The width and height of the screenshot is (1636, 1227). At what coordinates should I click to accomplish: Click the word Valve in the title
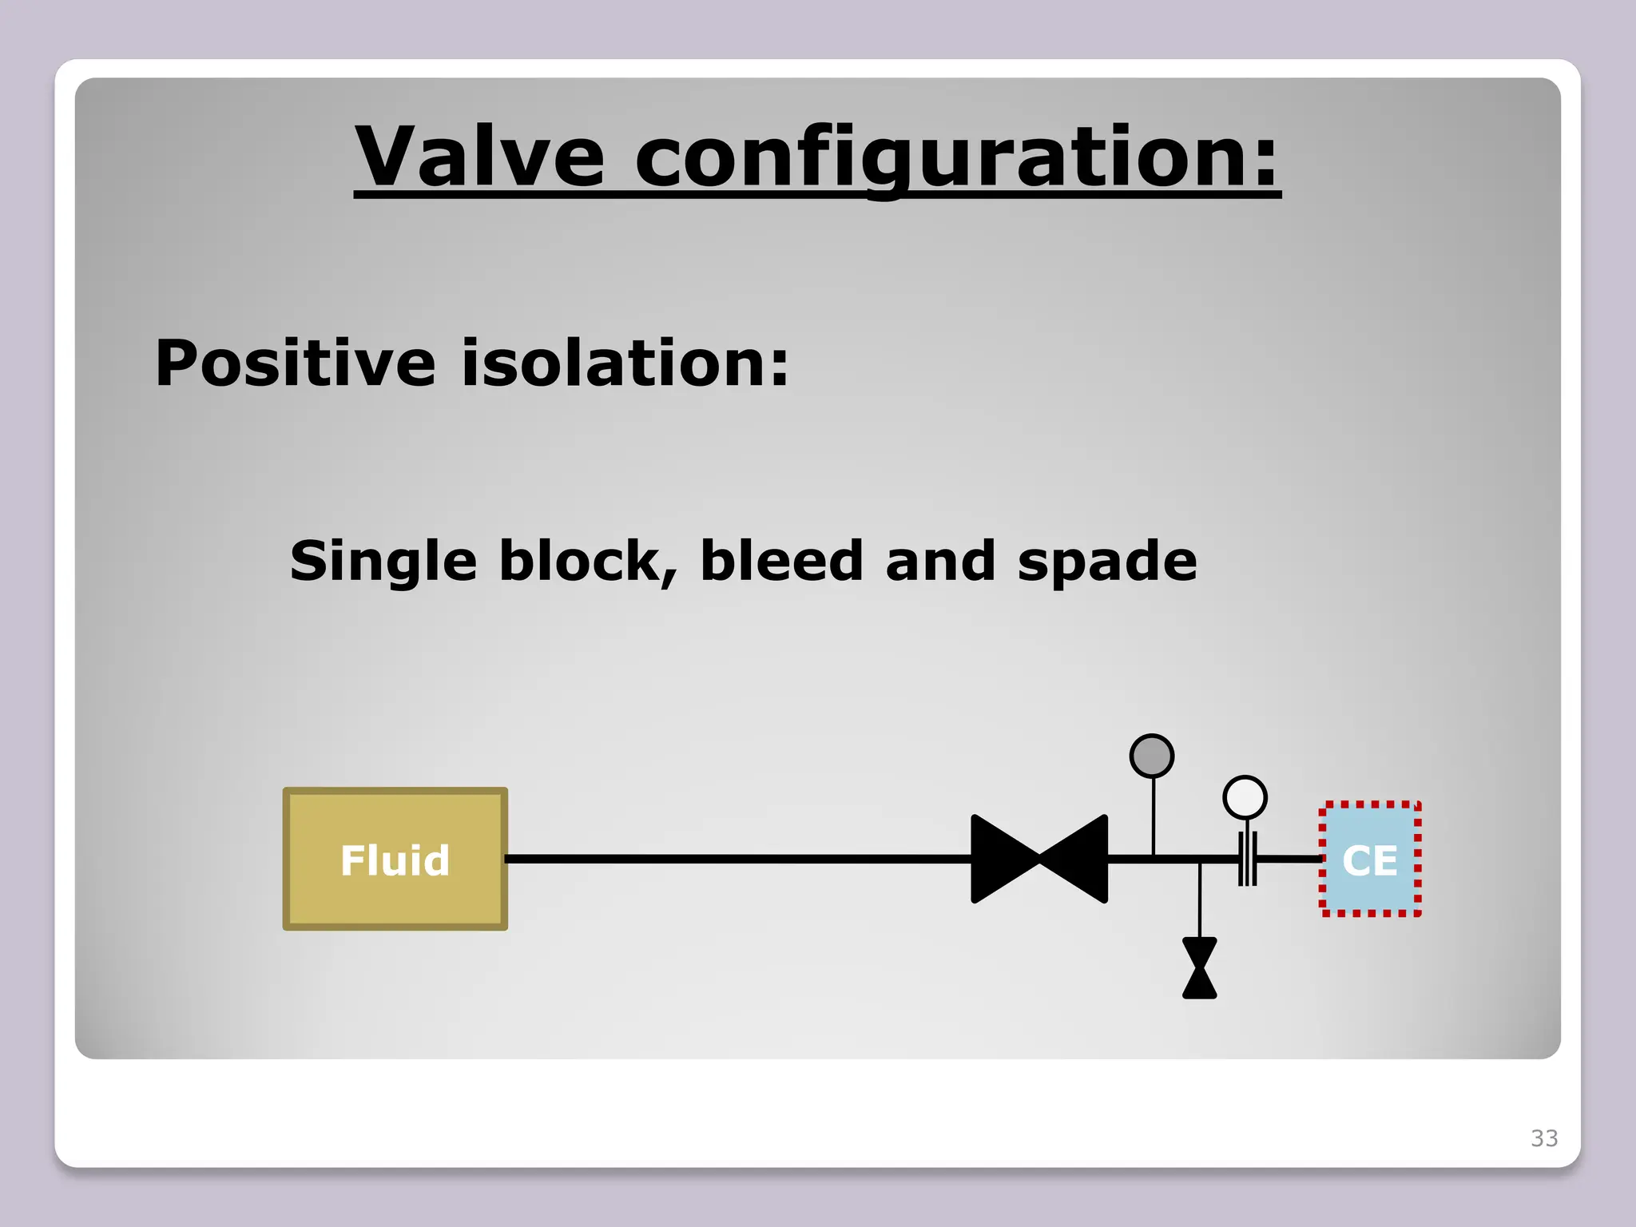click(x=479, y=157)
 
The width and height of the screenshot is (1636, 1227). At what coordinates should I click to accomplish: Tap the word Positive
click(x=295, y=363)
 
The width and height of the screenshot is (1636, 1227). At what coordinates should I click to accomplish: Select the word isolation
click(x=625, y=363)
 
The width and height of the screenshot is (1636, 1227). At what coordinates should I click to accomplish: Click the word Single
click(x=383, y=562)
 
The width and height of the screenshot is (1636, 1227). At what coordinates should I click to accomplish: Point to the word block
click(x=589, y=562)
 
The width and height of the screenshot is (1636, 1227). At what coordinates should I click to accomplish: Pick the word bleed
click(x=782, y=562)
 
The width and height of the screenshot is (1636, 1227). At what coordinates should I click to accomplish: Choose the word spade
click(x=1107, y=562)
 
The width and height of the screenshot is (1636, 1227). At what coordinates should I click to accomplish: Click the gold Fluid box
click(x=395, y=860)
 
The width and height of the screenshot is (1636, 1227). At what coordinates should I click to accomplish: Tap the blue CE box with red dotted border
click(x=1370, y=860)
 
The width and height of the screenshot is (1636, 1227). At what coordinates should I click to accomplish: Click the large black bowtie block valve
click(x=1039, y=860)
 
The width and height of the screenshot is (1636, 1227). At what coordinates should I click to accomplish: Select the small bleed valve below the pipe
click(x=1200, y=968)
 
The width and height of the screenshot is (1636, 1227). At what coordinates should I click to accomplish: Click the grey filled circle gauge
click(x=1152, y=756)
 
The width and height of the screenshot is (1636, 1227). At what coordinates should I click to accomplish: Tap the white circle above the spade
click(x=1245, y=797)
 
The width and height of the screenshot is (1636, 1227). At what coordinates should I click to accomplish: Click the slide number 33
click(x=1544, y=1138)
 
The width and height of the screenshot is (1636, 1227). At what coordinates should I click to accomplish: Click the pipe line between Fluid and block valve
click(x=735, y=860)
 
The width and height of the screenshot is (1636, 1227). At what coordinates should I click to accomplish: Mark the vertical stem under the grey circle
click(x=1153, y=816)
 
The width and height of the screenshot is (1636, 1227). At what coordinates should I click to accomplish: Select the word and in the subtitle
click(x=940, y=562)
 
